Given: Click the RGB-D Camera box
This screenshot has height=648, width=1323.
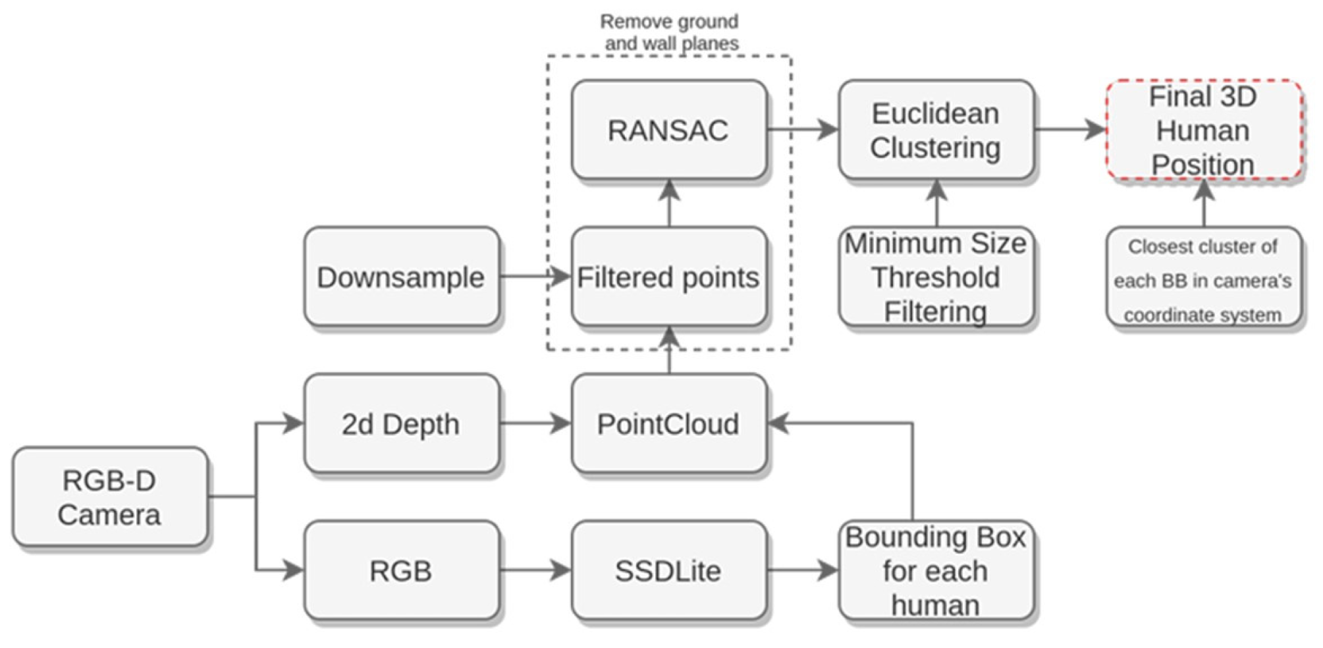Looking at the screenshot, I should (x=110, y=497).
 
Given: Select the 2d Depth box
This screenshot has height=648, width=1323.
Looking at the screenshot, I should (x=401, y=423).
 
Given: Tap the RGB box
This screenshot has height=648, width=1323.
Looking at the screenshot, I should (x=401, y=570).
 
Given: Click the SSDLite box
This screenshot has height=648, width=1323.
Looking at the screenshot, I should (x=668, y=570).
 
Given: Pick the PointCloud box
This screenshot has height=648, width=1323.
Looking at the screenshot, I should (x=668, y=423).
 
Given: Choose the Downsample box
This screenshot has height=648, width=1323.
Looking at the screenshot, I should (x=401, y=277).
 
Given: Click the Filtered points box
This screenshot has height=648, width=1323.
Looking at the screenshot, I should (x=668, y=277).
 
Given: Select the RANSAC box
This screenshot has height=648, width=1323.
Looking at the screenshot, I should (x=668, y=130).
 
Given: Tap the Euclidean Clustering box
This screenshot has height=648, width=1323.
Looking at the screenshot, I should (x=936, y=130).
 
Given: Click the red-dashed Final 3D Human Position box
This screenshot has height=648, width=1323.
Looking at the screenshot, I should (x=1203, y=130).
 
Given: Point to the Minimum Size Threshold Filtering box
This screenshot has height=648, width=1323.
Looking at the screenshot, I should (x=936, y=277).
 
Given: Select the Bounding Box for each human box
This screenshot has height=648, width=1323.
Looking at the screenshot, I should (x=936, y=570).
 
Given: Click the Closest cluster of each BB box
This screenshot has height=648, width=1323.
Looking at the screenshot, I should (x=1203, y=280).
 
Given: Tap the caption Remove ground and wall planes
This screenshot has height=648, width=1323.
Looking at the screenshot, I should (x=670, y=32).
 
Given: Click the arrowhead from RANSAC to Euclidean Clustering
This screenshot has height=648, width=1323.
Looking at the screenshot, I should (x=828, y=130).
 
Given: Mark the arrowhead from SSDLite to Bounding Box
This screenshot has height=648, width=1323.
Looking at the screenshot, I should (x=828, y=570).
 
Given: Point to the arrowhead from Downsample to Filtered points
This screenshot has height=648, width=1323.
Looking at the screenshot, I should (x=560, y=277).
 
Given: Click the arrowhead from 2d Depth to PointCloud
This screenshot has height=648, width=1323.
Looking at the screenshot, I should (x=560, y=423).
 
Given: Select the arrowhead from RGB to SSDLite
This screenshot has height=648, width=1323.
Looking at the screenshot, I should (x=560, y=570).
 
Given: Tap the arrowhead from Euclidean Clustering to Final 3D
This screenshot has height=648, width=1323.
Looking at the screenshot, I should (x=1095, y=130).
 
